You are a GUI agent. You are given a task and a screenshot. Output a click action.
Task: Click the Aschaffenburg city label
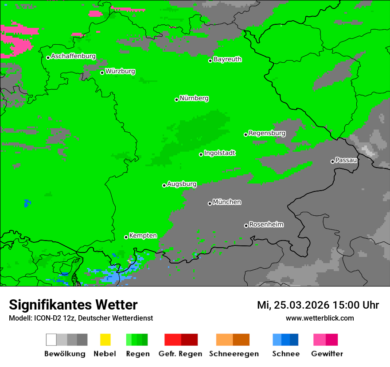click(x=73, y=56)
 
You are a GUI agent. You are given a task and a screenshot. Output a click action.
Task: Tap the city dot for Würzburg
click(x=102, y=73)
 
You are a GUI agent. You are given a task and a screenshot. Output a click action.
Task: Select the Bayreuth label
click(x=227, y=59)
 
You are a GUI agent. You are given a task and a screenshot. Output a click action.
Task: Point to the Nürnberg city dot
click(x=176, y=99)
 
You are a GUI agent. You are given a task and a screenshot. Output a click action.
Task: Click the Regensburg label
click(x=267, y=133)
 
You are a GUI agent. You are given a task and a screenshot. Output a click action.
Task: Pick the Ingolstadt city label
click(x=219, y=153)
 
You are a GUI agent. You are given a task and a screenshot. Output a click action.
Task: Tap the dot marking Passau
click(x=332, y=161)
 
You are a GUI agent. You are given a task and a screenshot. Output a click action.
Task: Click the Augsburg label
click(x=182, y=184)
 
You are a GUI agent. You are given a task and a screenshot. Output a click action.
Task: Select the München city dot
click(x=210, y=203)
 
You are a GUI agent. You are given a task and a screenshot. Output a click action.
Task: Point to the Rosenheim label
click(x=266, y=225)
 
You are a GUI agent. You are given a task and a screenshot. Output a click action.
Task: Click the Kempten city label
click(x=143, y=236)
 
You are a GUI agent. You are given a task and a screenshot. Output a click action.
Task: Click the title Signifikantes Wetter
click(x=73, y=305)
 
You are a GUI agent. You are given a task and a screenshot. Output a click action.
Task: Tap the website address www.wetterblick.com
click(x=320, y=318)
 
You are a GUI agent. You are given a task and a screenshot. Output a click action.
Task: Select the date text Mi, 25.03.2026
click(x=292, y=305)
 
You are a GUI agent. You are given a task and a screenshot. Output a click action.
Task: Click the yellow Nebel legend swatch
click(x=105, y=340)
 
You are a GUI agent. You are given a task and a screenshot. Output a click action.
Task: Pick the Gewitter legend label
click(x=327, y=354)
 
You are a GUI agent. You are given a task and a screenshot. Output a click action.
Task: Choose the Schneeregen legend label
click(x=234, y=354)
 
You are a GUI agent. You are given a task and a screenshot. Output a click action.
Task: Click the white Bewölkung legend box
click(x=51, y=340)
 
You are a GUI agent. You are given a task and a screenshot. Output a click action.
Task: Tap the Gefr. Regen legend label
click(x=180, y=354)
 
